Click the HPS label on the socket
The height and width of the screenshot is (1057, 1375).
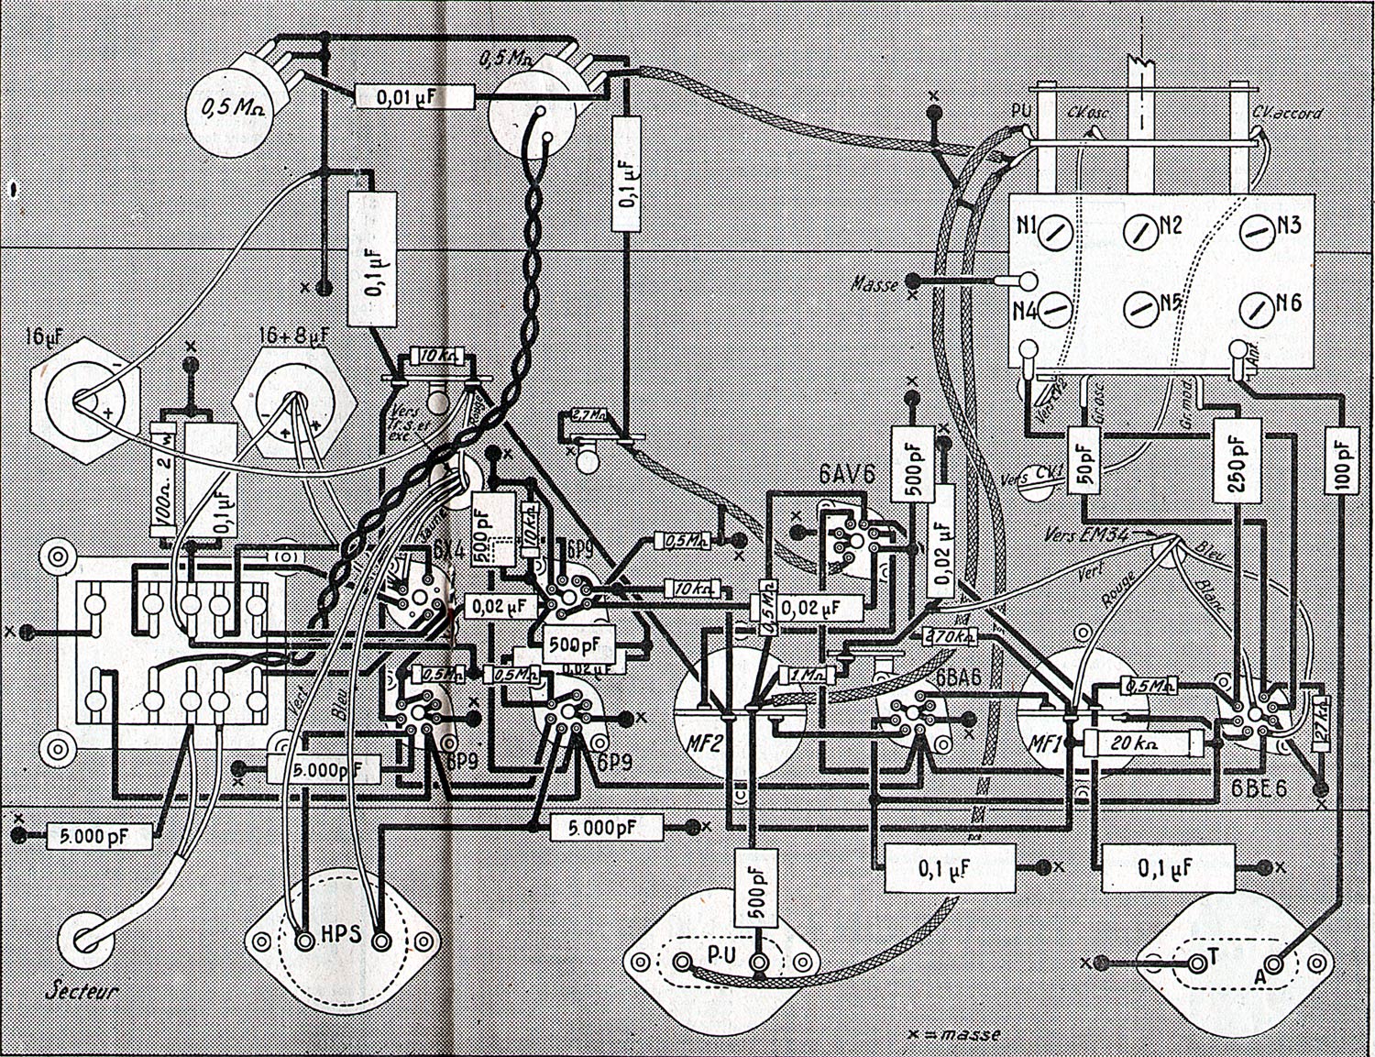coord(341,937)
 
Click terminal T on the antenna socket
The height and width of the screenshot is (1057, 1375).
coord(1212,956)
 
